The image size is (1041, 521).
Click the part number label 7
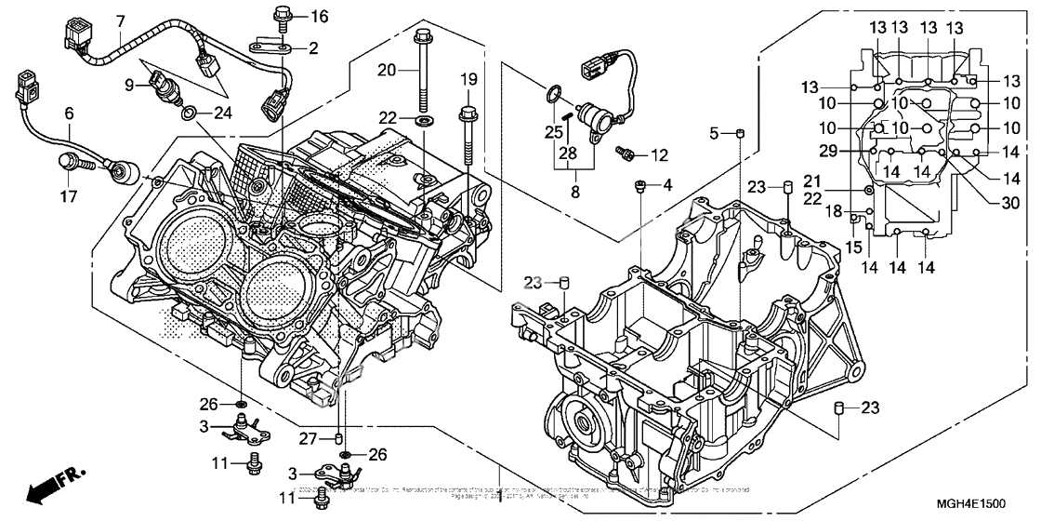point(120,20)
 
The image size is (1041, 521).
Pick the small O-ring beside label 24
point(190,114)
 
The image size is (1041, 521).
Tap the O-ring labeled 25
point(552,93)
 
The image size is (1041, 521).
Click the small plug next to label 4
point(639,187)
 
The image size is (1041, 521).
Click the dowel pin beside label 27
point(340,438)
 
